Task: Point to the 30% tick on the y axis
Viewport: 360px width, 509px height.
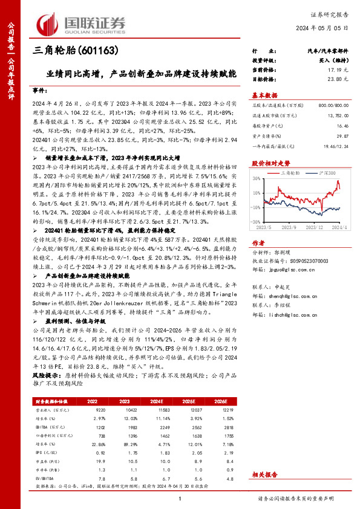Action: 257,181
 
